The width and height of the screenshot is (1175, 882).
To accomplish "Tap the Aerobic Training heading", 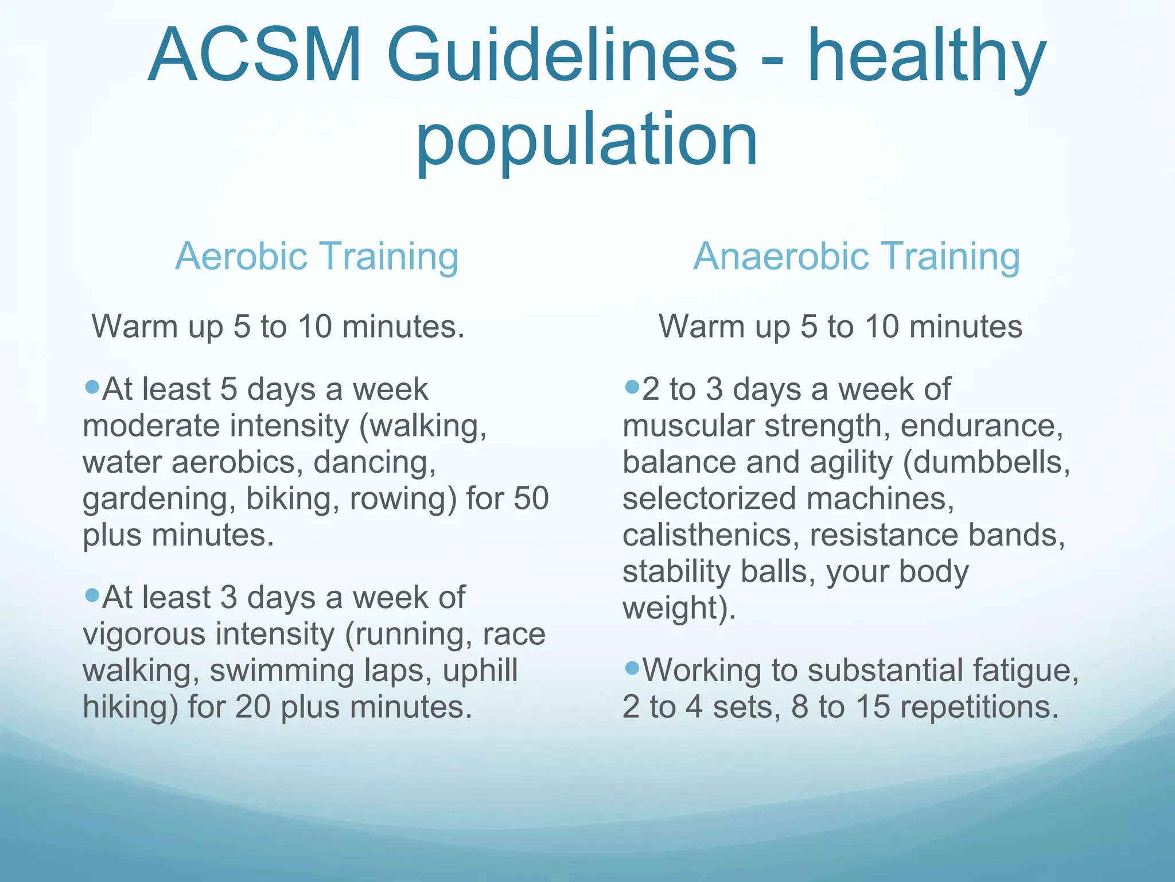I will click(317, 256).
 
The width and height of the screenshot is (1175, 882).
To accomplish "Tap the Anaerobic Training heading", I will click(857, 256).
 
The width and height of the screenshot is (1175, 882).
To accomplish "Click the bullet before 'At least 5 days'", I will click(92, 387).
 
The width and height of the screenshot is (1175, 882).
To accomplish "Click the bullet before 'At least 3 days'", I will click(92, 595).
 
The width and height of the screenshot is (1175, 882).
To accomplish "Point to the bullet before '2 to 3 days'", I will click(632, 387).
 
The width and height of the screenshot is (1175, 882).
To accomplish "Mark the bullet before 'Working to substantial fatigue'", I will click(632, 668).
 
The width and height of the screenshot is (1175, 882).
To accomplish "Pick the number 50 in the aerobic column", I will click(531, 498).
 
